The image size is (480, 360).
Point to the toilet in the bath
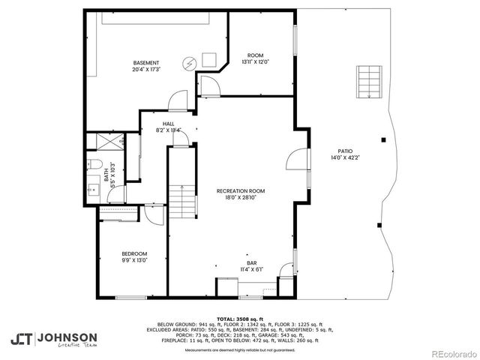93,165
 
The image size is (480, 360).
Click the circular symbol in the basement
190,63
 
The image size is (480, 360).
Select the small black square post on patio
383,139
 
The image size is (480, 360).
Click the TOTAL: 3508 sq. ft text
240,318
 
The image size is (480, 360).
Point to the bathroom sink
91,189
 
